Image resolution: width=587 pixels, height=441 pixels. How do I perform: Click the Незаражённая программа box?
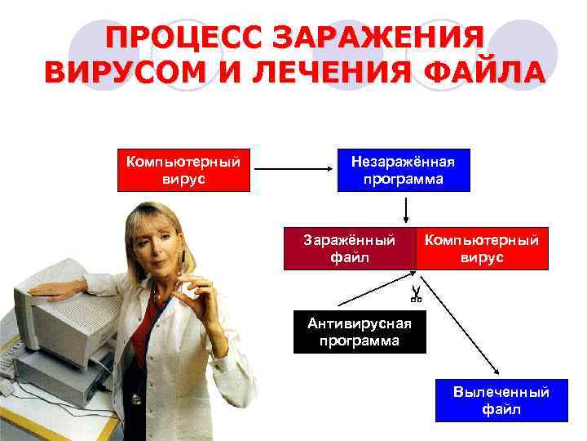404,170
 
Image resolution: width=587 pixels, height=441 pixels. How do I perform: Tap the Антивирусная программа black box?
360,332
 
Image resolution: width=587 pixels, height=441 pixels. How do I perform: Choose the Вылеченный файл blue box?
501,400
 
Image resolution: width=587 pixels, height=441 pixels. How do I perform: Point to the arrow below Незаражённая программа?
405,209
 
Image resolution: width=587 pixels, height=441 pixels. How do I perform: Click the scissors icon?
415,293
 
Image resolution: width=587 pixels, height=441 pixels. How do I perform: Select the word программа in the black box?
360,341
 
